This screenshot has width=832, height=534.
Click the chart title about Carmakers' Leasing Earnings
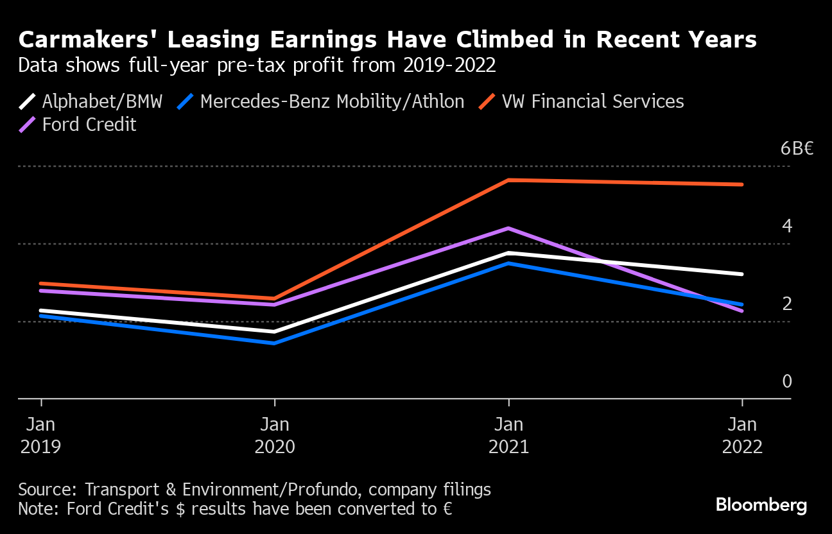pyautogui.click(x=388, y=40)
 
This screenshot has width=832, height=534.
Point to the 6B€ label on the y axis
pyautogui.click(x=797, y=149)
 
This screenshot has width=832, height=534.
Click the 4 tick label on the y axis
pyautogui.click(x=787, y=226)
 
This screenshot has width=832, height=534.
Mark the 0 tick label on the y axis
pyautogui.click(x=787, y=381)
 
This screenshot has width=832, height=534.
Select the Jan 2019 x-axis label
pyautogui.click(x=41, y=435)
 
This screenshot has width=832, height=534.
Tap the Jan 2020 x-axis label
pyautogui.click(x=275, y=435)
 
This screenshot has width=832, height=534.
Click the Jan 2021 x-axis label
pyautogui.click(x=508, y=435)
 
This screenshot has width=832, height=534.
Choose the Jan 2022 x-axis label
pyautogui.click(x=742, y=435)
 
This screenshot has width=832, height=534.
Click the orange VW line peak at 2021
pyautogui.click(x=508, y=180)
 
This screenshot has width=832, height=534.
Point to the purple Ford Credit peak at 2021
pyautogui.click(x=508, y=228)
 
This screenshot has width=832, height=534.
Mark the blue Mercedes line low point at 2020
pyautogui.click(x=275, y=343)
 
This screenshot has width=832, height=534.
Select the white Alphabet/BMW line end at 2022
pyautogui.click(x=742, y=274)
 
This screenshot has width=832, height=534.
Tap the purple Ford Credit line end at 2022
pyautogui.click(x=742, y=311)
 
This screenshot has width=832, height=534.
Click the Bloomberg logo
pyautogui.click(x=761, y=505)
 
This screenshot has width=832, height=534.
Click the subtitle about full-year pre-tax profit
pyautogui.click(x=257, y=65)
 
